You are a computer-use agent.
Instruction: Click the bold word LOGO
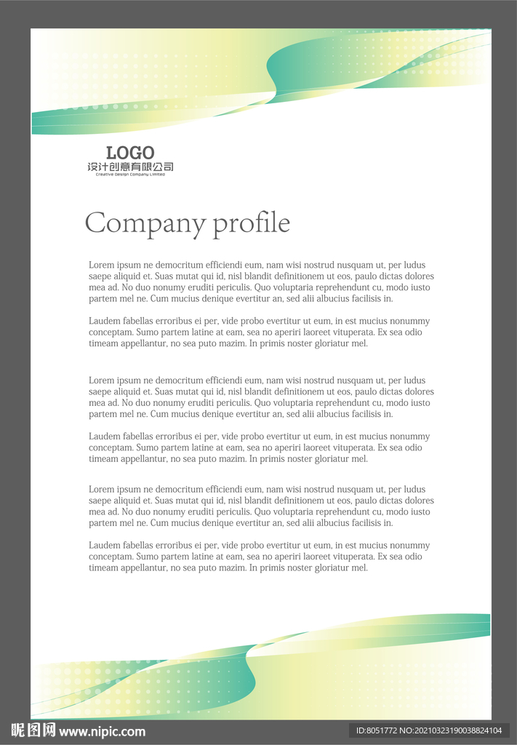point(130,153)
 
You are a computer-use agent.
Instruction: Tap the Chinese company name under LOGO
point(130,167)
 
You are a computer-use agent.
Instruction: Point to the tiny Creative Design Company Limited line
point(130,175)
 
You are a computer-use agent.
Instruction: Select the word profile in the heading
point(251,223)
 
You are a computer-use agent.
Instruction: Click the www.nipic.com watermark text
point(102,731)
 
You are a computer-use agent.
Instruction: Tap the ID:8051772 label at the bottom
point(374,730)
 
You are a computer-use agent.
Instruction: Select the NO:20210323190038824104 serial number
point(450,730)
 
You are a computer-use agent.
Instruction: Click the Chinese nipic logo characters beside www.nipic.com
point(33,730)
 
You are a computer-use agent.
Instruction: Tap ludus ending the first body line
point(414,266)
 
